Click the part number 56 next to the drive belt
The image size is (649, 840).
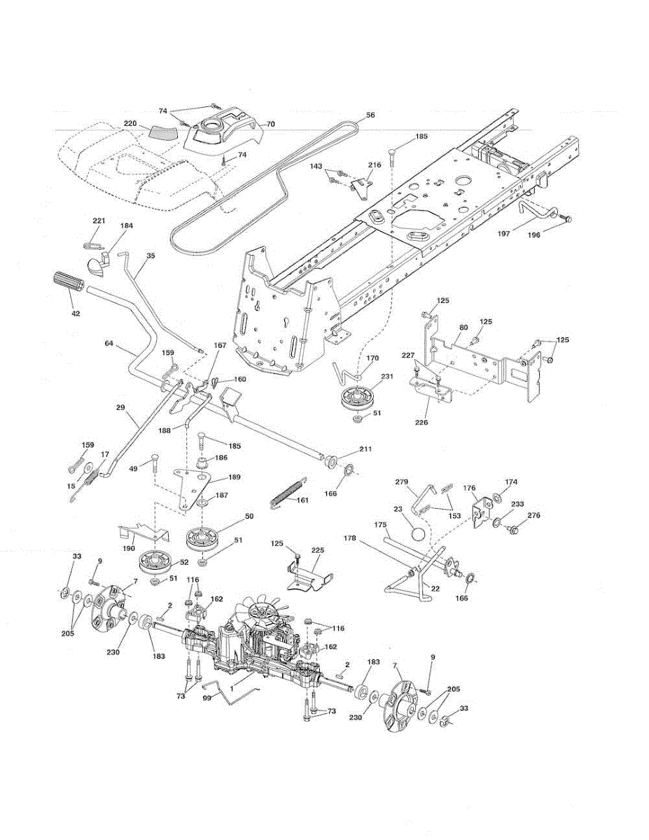coord(370,115)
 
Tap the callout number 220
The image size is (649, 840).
coord(130,123)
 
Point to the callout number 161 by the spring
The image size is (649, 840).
coord(302,500)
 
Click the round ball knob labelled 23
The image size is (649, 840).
coord(418,535)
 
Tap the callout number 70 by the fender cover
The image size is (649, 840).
coord(270,125)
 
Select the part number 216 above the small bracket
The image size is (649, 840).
coord(374,164)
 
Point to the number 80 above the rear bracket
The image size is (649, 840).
coord(463,328)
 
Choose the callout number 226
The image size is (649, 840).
coord(421,423)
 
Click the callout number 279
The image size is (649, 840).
coord(401,482)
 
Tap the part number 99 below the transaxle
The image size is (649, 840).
coord(207,699)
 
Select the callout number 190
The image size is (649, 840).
coord(129,548)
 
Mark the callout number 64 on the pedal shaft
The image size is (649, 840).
coord(109,343)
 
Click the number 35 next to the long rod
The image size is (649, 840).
coord(151,255)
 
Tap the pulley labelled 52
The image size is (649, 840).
coord(154,565)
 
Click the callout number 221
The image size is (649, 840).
coord(99,220)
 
